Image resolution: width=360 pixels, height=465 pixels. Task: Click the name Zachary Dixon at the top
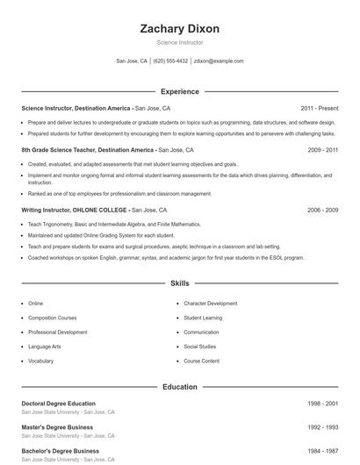point(179,28)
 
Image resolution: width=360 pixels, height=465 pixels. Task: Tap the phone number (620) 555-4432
point(170,61)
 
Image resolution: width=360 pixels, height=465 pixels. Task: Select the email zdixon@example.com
point(219,61)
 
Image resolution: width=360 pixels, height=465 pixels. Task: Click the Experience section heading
point(179,91)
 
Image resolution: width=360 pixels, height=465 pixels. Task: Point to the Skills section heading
point(179,283)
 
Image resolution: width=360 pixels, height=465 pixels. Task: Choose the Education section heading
point(179,386)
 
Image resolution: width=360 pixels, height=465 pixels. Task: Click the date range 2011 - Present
point(319,108)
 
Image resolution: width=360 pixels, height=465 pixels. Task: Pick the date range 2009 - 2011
point(322,150)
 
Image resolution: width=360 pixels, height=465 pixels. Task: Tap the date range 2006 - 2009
point(322,211)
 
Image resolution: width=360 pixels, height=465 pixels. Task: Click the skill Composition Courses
point(53,318)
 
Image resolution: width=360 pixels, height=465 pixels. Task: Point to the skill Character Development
point(210,303)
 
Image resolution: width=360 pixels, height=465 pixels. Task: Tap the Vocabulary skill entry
point(41,361)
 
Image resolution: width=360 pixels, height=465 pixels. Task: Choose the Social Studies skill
point(201,347)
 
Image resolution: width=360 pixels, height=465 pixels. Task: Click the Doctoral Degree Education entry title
point(58,404)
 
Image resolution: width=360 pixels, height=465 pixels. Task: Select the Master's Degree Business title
point(56,427)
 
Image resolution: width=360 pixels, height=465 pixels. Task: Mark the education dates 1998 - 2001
point(322,404)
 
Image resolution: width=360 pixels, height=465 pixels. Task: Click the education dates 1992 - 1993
point(322,427)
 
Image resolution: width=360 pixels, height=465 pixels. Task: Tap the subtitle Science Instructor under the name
point(179,42)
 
